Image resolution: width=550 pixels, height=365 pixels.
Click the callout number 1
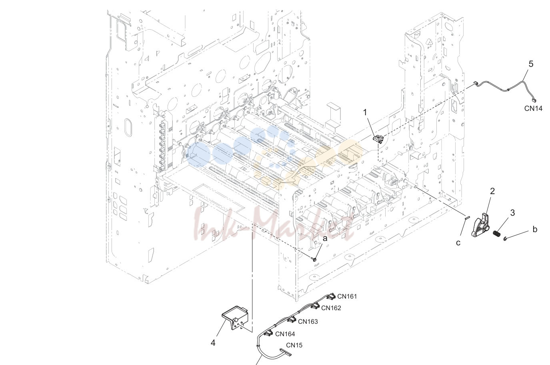pos(365,113)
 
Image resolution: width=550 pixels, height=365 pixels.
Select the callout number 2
pos(492,191)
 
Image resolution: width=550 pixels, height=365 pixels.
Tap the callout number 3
pos(512,213)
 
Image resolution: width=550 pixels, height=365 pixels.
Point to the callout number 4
pos(213,343)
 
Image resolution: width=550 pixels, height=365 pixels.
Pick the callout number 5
pos(531,64)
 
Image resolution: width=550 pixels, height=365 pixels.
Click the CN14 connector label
pos(533,108)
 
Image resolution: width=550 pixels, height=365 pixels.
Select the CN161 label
pos(347,297)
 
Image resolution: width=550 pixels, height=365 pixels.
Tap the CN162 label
pos(331,308)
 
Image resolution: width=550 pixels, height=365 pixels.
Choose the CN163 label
pos(308,321)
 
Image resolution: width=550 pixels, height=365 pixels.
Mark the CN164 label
pos(285,334)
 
